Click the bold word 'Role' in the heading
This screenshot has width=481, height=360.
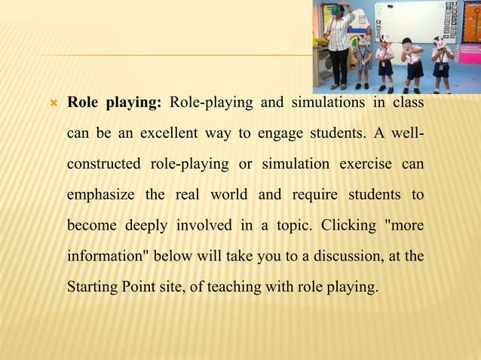pos(83,102)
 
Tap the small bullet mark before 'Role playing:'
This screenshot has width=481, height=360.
pos(54,103)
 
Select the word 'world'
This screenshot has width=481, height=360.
pos(229,195)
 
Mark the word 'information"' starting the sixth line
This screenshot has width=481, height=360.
pos(109,255)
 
